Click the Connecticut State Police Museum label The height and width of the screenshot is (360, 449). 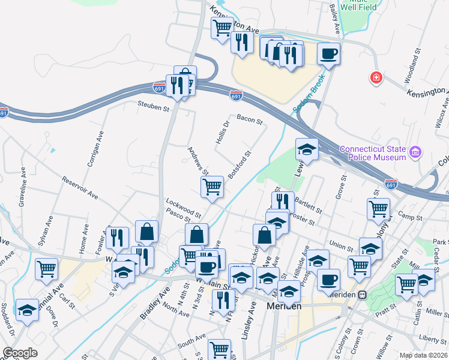[x=373, y=153]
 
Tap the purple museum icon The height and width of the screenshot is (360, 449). [x=414, y=154]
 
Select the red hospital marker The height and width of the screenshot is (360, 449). [x=376, y=78]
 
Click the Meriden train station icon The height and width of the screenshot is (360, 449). [x=362, y=295]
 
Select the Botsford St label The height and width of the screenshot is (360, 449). [x=238, y=163]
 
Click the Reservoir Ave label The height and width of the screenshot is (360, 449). [x=80, y=187]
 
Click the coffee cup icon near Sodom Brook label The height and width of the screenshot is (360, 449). [x=328, y=53]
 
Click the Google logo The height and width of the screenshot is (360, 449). [x=19, y=353]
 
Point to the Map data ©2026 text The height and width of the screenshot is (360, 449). [x=423, y=355]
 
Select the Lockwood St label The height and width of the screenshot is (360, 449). [x=184, y=208]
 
